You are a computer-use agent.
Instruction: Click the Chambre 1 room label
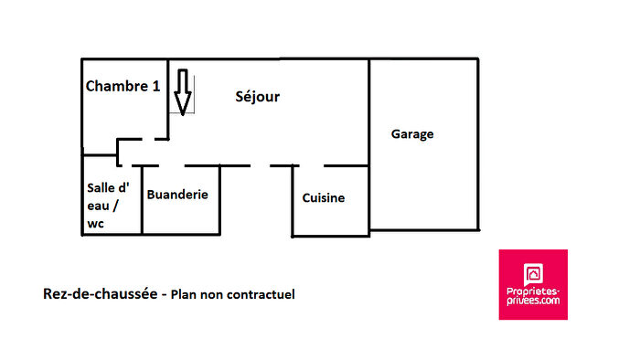[x=123, y=87]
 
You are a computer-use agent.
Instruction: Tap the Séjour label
[x=257, y=96]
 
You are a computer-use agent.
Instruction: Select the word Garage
[x=412, y=134]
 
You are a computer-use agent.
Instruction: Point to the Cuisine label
[x=324, y=197]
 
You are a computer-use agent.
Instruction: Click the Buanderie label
[x=177, y=195]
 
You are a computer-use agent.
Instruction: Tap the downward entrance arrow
[x=183, y=93]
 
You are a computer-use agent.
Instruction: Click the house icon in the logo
[x=533, y=272]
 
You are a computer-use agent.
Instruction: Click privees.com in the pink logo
[x=533, y=300]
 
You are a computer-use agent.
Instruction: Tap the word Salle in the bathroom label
[x=101, y=187]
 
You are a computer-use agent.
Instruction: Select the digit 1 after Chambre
[x=156, y=87]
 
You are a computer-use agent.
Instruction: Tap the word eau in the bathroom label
[x=98, y=206]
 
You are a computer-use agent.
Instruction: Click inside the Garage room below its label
[x=422, y=183]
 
